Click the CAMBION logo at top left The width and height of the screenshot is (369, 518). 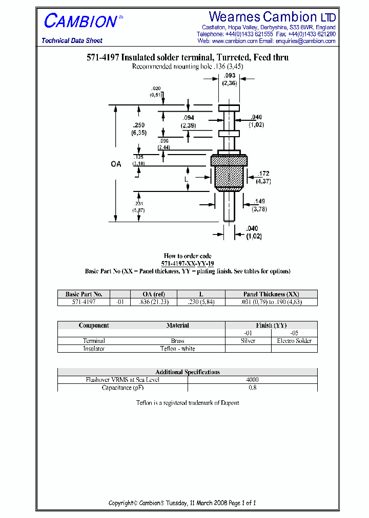coord(81,21)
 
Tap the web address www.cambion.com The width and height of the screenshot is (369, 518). coord(234,41)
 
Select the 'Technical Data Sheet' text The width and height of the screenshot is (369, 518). coord(72,41)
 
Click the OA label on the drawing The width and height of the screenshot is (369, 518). coord(116,164)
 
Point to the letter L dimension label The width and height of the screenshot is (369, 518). coord(187,180)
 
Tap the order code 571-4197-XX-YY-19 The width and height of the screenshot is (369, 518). coord(188,263)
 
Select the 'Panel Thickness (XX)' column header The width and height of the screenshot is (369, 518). coord(271,294)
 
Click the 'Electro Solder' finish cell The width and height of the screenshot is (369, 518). coord(294,341)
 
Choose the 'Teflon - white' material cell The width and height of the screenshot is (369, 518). coord(177,349)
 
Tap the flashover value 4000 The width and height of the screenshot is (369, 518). coord(252,380)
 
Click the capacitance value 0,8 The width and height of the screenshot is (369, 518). coord(252,387)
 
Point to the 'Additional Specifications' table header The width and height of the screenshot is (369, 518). coord(188,372)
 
